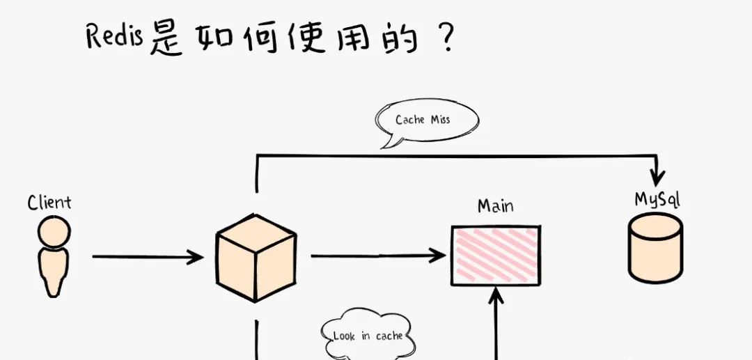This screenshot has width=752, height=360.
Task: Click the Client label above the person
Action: [49, 203]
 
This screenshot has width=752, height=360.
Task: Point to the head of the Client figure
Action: [54, 232]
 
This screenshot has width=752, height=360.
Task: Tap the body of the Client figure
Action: [53, 272]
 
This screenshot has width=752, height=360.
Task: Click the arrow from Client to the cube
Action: [148, 257]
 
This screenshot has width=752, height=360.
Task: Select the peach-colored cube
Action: [256, 258]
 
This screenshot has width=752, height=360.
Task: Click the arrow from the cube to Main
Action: [378, 256]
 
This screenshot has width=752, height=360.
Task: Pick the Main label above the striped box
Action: [496, 206]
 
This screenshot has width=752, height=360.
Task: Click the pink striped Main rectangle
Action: [496, 256]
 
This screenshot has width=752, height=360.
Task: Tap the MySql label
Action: [657, 199]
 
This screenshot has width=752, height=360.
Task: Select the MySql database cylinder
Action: [656, 248]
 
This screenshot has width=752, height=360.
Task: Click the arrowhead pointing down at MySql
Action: [656, 178]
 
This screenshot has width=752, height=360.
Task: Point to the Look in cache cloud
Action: [368, 335]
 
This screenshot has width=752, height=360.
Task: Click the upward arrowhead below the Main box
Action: [496, 295]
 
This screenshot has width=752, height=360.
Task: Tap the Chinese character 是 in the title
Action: [166, 39]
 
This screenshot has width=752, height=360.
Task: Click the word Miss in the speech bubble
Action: [440, 119]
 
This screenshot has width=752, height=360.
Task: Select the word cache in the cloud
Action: [389, 336]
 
